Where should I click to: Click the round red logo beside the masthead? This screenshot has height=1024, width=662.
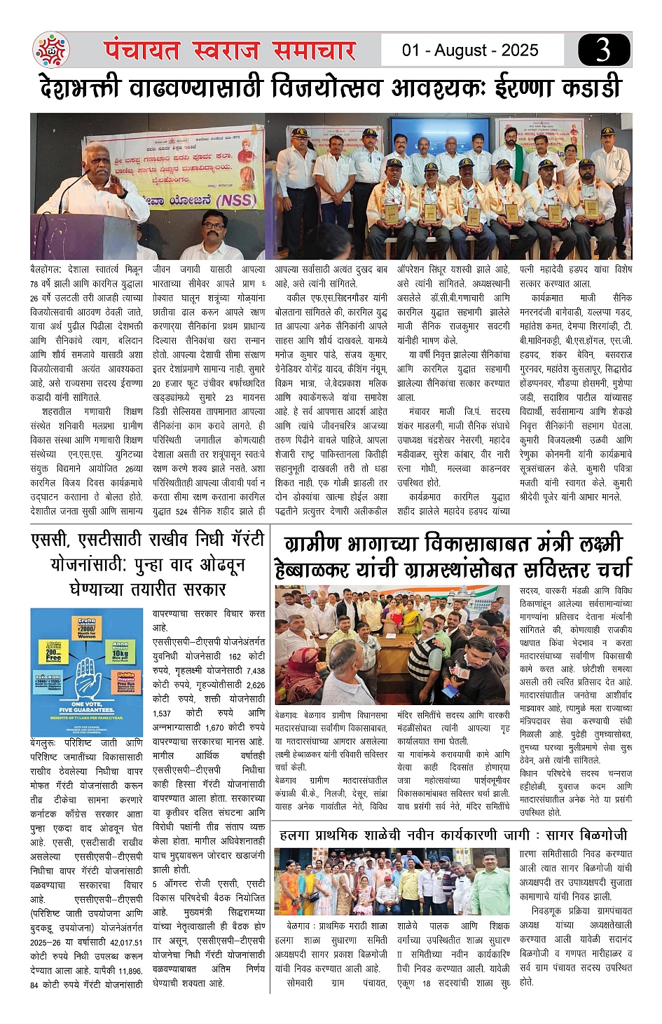coord(51,50)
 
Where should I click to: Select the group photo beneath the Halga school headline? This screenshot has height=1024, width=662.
coord(392,880)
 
